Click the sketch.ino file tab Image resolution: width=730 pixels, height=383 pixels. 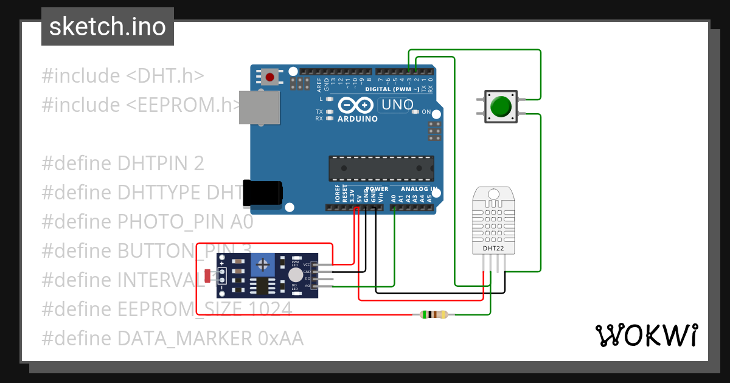click(x=107, y=27)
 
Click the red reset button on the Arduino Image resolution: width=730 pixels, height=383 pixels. click(x=269, y=77)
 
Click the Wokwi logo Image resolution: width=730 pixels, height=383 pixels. click(x=646, y=335)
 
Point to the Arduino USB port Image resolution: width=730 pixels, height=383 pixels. click(x=259, y=108)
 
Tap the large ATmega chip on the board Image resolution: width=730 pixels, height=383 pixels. click(x=381, y=168)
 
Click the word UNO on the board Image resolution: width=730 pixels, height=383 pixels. click(x=396, y=105)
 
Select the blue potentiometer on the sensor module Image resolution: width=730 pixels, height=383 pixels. click(x=263, y=264)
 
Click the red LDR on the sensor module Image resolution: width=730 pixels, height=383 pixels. click(x=208, y=275)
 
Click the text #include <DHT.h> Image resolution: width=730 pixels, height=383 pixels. click(x=122, y=76)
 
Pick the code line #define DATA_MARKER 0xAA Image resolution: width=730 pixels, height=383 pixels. click(x=172, y=338)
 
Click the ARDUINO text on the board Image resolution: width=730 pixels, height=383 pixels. click(x=357, y=119)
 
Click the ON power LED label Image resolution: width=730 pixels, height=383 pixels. click(x=426, y=112)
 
